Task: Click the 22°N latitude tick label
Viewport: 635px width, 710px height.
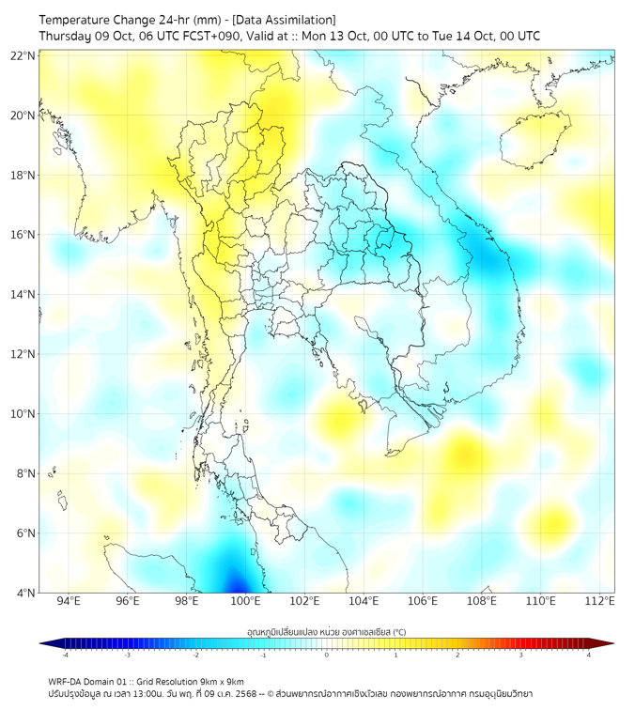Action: pyautogui.click(x=23, y=56)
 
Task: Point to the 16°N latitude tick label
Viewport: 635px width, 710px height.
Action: pyautogui.click(x=23, y=235)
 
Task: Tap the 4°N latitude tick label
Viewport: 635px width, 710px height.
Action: pyautogui.click(x=24, y=593)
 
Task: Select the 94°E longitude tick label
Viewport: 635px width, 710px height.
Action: pyautogui.click(x=69, y=601)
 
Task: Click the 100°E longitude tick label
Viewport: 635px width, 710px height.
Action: pyautogui.click(x=245, y=601)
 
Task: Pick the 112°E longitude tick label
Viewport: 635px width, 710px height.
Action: pyautogui.click(x=599, y=601)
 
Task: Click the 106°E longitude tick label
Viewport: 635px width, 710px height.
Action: pyautogui.click(x=423, y=601)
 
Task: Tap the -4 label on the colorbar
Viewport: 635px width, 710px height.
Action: pyautogui.click(x=64, y=656)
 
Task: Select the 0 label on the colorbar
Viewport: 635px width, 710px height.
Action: pyautogui.click(x=327, y=656)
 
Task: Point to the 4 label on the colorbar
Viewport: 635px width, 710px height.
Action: pyautogui.click(x=589, y=656)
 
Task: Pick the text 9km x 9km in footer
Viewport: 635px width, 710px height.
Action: pyautogui.click(x=222, y=681)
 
